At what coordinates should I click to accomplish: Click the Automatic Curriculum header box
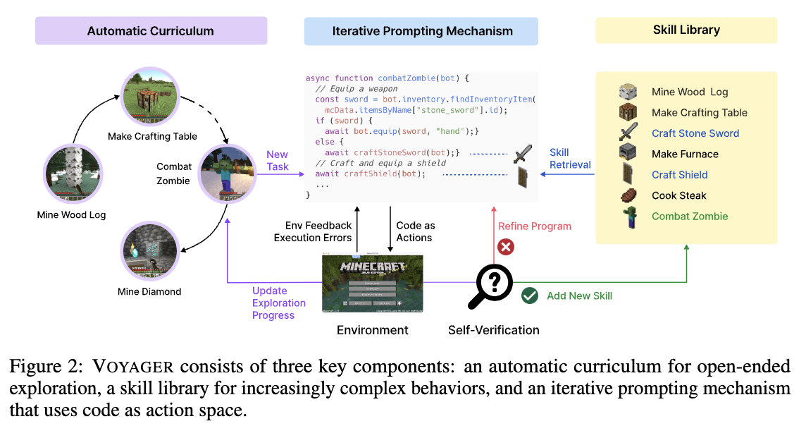coord(151,31)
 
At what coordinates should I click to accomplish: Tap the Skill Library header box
coord(686,31)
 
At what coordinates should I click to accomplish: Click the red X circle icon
coord(505,247)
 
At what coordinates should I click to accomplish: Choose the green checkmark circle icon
coord(530,296)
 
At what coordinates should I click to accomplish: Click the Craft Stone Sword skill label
coord(695,133)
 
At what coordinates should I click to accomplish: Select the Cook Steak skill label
coord(678,195)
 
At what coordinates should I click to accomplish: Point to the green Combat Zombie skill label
coord(690,217)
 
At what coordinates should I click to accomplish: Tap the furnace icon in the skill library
coord(628,153)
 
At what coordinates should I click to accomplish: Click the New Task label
coord(277,160)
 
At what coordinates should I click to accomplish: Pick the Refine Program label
coord(535,226)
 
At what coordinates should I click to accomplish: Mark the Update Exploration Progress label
coord(279,303)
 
